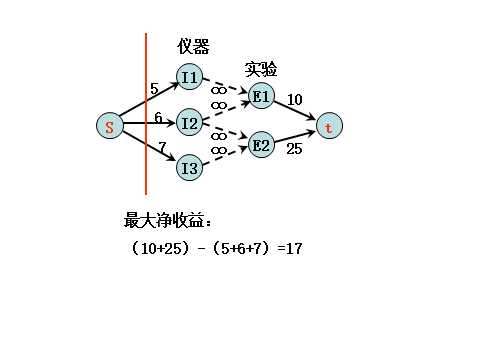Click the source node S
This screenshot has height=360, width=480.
click(109, 126)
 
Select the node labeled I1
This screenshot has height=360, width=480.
click(189, 77)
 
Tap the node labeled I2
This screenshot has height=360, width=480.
click(189, 123)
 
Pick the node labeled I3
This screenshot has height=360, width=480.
click(189, 168)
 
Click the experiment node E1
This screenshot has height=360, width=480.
click(260, 96)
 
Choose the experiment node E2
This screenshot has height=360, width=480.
click(260, 145)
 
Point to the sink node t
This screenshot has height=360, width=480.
click(328, 127)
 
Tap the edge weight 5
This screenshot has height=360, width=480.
click(154, 89)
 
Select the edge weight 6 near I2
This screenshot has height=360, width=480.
click(158, 118)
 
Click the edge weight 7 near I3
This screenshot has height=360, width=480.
click(162, 148)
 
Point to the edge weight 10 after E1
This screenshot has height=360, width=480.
click(295, 99)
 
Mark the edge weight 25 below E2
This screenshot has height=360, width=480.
click(294, 149)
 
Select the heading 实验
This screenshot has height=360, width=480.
click(261, 69)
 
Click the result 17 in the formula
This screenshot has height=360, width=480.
click(293, 247)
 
